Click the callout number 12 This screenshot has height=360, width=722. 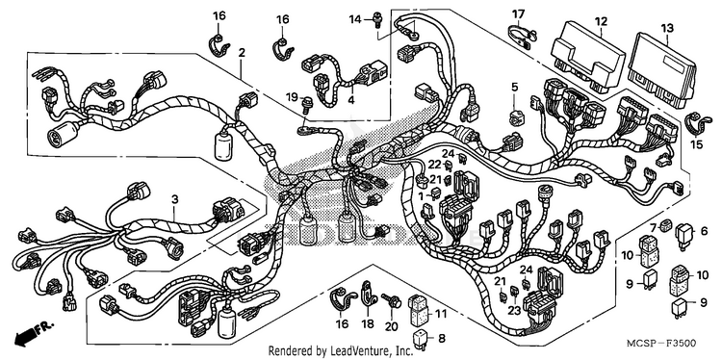[601, 21]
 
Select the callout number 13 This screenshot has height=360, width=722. [667, 28]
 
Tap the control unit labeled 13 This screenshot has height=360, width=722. [660, 70]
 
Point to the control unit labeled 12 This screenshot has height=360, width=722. [588, 57]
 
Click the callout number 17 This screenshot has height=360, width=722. [518, 14]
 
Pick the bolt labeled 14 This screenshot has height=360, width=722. [378, 20]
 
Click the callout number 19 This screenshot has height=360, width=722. [292, 97]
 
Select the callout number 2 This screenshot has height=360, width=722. [241, 53]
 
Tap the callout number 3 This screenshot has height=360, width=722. [174, 199]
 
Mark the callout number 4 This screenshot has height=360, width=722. [351, 99]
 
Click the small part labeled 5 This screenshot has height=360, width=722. [516, 116]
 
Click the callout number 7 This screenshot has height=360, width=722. [654, 227]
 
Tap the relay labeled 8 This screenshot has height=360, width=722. [420, 339]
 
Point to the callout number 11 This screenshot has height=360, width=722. [441, 315]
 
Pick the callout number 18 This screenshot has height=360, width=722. [368, 324]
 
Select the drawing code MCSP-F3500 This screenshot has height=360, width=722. [660, 344]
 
